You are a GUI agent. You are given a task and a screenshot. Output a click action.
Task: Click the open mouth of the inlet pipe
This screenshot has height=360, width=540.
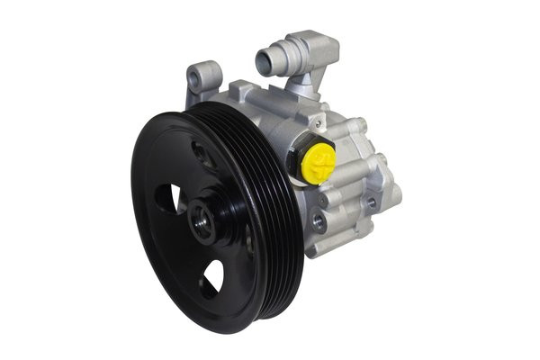click(264, 62)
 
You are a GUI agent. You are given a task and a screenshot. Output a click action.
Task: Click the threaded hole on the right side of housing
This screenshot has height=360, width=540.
click(371, 203)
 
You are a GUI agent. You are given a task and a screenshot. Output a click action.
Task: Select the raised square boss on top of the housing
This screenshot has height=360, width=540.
click(246, 92)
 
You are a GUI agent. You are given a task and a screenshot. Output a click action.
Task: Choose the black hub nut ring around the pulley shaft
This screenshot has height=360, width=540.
click(214, 216)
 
